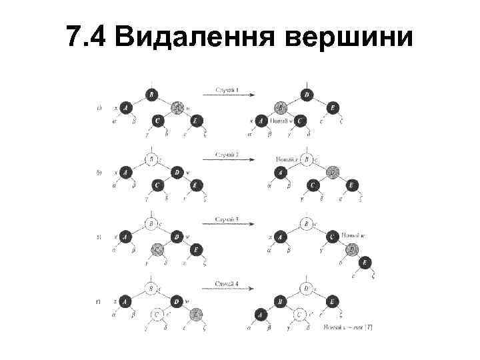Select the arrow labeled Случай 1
click(x=227, y=94)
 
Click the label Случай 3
click(x=227, y=218)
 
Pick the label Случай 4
click(x=227, y=285)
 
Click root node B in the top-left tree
click(x=151, y=95)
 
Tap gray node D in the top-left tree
click(x=177, y=107)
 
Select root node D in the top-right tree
click(x=307, y=95)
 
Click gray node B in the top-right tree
click(x=281, y=107)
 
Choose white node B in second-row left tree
click(x=151, y=159)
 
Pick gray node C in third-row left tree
click(x=158, y=249)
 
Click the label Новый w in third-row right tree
click(x=352, y=235)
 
